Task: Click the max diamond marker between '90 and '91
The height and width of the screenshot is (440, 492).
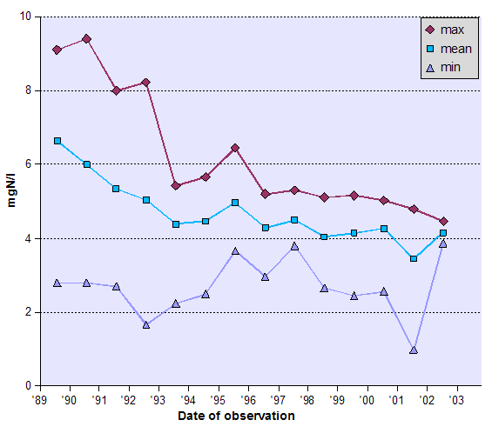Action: (86, 39)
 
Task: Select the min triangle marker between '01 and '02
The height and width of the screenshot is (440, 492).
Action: (414, 350)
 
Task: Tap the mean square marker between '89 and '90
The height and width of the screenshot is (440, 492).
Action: (57, 141)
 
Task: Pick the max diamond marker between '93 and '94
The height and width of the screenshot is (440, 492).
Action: (176, 185)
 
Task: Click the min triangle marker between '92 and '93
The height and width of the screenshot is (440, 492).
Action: (146, 324)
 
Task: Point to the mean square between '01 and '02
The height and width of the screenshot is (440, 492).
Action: (414, 258)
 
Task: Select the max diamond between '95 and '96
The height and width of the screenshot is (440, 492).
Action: (235, 149)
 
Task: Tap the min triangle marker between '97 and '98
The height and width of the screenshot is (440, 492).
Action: (294, 246)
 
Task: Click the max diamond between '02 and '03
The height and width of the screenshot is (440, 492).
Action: (443, 221)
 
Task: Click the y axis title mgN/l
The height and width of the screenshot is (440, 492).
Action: (12, 201)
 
